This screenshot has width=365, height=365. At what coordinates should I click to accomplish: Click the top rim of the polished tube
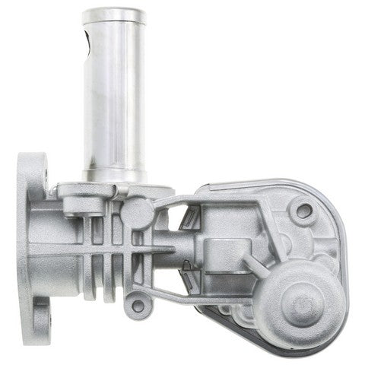pos(114,14)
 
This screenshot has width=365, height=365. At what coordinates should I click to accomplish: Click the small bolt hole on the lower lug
pos(138,305)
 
